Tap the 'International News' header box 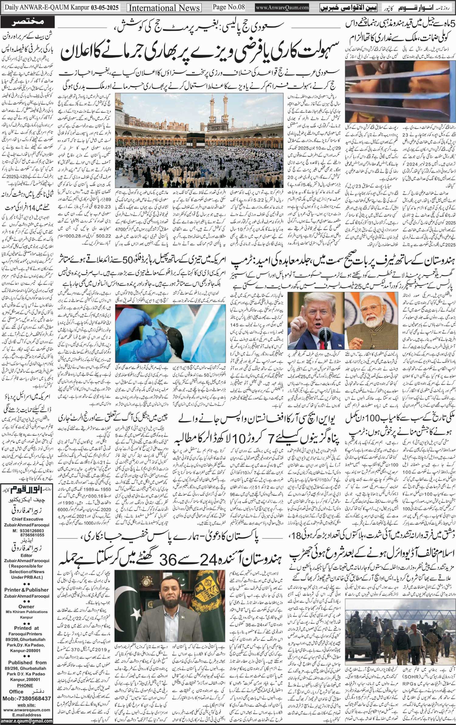[x=164, y=8]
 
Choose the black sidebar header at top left [x=28, y=22]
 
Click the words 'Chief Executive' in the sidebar [x=27, y=519]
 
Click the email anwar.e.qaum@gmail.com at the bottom [x=26, y=721]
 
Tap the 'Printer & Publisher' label [x=27, y=590]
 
